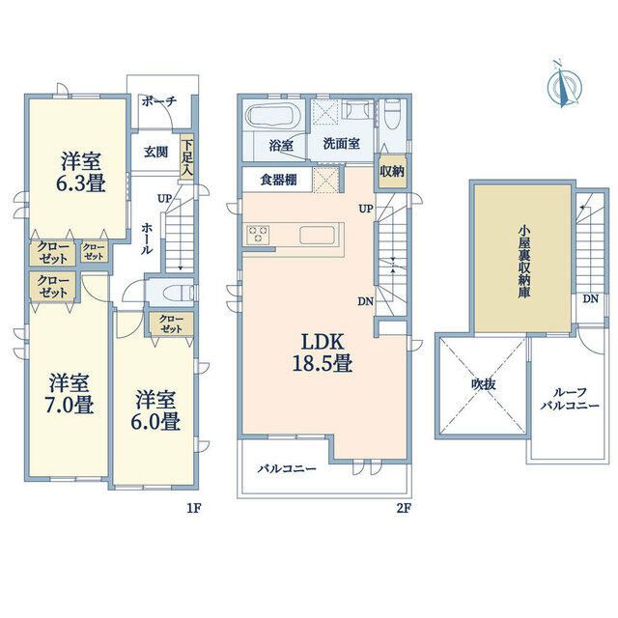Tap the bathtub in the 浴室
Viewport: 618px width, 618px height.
point(274,116)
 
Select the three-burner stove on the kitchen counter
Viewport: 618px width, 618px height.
point(258,235)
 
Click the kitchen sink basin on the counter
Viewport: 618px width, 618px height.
point(318,236)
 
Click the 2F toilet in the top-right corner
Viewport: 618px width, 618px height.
point(392,115)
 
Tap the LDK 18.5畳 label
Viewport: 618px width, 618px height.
point(322,352)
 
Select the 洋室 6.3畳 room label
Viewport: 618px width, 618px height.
point(81,173)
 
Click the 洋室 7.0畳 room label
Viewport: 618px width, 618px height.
point(70,393)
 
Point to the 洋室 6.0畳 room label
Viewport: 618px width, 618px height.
point(155,410)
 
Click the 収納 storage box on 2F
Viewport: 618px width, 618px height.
point(392,172)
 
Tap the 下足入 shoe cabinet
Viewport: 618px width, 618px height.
point(187,157)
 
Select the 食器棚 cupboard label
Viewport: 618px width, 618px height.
point(278,180)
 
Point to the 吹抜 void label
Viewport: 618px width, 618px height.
point(484,384)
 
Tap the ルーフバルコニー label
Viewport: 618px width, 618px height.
point(570,399)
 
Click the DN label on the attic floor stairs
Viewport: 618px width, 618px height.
point(590,299)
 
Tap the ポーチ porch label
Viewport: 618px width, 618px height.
point(159,101)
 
